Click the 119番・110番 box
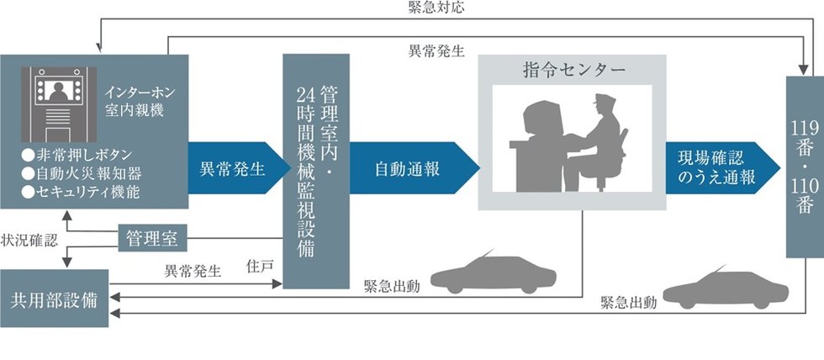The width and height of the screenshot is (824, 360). (804, 166)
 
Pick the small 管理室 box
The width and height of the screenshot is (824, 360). (152, 239)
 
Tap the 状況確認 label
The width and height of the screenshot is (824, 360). (29, 240)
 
